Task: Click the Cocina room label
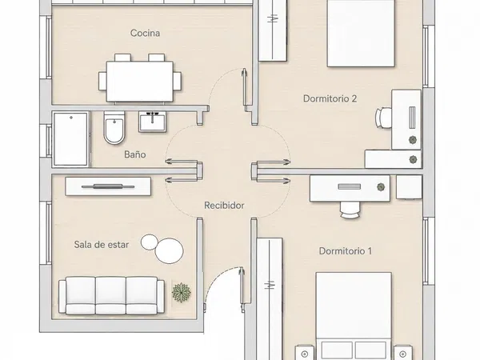(x=145, y=33)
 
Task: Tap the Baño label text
(x=135, y=154)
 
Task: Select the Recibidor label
(x=224, y=206)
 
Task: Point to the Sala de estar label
(x=102, y=245)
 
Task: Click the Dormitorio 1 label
(x=346, y=251)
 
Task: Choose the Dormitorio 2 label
(x=330, y=98)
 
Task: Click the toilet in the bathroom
(x=114, y=128)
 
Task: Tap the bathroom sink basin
(x=153, y=122)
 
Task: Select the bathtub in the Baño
(x=71, y=139)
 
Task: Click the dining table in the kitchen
(x=140, y=81)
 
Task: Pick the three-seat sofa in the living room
(x=111, y=295)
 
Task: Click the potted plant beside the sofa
(x=182, y=292)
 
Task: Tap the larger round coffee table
(x=170, y=251)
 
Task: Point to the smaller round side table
(x=149, y=242)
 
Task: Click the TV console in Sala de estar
(x=108, y=186)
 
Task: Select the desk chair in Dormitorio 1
(x=350, y=210)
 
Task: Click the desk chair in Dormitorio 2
(x=383, y=118)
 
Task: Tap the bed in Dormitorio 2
(x=361, y=34)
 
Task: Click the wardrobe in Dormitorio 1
(x=270, y=298)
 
